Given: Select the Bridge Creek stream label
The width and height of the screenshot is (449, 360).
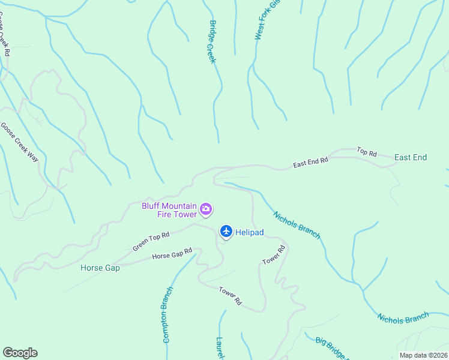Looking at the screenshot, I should [212, 42].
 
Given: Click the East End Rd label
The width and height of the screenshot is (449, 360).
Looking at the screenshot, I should [310, 162].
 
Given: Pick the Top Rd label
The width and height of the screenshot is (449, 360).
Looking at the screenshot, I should [366, 152].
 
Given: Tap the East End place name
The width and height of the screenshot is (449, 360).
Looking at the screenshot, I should [411, 157].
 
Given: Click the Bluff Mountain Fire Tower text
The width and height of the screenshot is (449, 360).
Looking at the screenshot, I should [169, 209].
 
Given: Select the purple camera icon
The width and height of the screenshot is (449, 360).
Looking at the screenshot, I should [206, 209].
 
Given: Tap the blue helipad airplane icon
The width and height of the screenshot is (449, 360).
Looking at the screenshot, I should [226, 231].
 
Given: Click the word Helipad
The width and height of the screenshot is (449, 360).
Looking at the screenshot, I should [250, 232].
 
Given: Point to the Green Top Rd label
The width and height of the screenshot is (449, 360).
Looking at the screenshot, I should [151, 241].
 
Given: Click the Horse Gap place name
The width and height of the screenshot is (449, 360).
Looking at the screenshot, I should [100, 268].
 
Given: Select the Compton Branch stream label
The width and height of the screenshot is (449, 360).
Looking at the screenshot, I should [167, 314].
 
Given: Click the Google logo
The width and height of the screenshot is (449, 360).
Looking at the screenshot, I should [20, 353].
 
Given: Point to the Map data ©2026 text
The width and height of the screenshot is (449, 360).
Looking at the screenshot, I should [423, 355].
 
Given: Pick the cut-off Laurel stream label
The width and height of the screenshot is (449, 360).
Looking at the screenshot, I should [220, 349].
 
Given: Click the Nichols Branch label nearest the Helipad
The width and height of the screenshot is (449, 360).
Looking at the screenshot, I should [297, 224].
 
